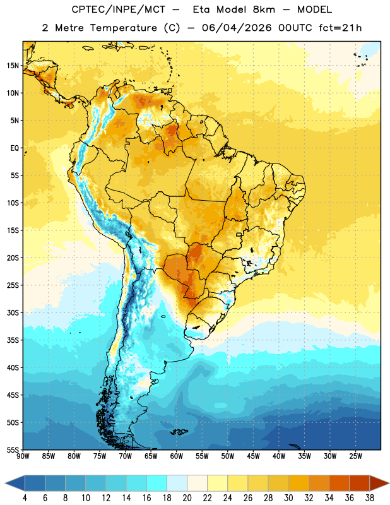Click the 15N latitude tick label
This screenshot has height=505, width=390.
tap(13, 66)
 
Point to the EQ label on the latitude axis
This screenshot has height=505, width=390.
tap(15, 148)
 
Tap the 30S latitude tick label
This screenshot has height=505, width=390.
tap(13, 312)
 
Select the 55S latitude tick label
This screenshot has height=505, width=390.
tap(13, 449)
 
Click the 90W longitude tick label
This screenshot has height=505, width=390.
tap(23, 456)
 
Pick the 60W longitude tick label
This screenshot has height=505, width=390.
tap(177, 456)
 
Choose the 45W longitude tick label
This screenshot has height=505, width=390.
tap(253, 456)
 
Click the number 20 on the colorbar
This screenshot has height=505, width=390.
tap(187, 498)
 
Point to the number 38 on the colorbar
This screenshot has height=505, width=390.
tap(370, 498)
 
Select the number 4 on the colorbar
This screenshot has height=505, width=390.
tap(25, 498)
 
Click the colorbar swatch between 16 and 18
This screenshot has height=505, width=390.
tap(157, 483)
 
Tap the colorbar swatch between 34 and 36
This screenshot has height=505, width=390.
tap(340, 483)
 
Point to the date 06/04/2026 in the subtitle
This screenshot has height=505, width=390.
tap(237, 28)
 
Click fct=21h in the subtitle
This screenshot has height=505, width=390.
tap(340, 28)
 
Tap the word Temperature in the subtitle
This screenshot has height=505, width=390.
tap(123, 28)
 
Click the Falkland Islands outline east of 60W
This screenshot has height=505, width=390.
tap(179, 432)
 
